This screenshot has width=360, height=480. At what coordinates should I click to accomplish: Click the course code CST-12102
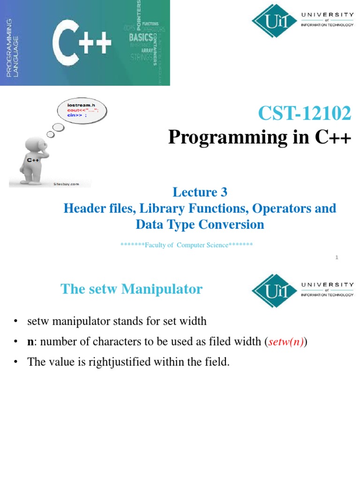[304, 113]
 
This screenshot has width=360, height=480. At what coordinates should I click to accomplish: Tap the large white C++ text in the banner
[82, 44]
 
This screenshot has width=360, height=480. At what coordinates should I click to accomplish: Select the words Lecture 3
[200, 192]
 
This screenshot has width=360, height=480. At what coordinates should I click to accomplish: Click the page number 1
[337, 257]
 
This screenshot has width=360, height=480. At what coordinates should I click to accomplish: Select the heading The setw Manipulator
[131, 289]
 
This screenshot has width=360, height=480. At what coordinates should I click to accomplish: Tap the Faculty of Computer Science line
[187, 245]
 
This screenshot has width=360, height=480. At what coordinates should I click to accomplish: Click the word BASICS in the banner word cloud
[141, 37]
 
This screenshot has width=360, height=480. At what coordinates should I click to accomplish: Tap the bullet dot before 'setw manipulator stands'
[16, 322]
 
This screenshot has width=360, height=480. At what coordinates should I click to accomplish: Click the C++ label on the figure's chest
[32, 160]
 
